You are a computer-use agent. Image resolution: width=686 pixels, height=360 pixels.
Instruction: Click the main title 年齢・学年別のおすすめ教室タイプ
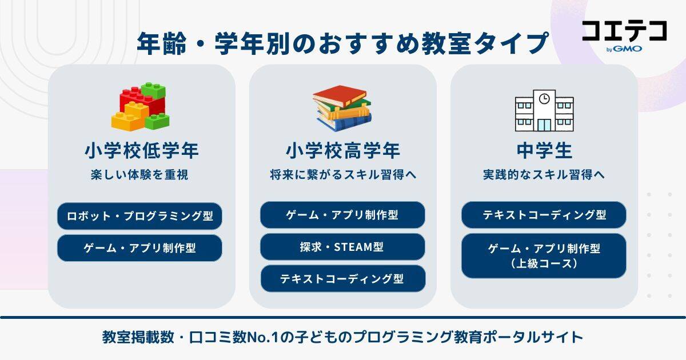[x=342, y=44]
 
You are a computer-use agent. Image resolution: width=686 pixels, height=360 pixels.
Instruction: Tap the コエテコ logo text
[x=624, y=31]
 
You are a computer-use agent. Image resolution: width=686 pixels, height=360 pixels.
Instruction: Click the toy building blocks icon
[x=141, y=107]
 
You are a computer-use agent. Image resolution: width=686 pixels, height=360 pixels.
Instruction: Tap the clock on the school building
[x=544, y=98]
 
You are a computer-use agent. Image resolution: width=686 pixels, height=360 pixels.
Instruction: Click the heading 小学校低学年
[x=141, y=151]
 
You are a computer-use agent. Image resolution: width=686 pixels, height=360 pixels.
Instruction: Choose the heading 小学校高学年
[x=342, y=151]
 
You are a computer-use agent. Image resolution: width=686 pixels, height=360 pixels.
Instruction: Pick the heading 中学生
[x=544, y=151]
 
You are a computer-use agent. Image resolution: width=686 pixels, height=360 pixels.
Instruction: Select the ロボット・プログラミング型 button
[x=139, y=217]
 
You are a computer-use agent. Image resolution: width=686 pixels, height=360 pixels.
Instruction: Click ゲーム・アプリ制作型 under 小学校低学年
[x=139, y=248]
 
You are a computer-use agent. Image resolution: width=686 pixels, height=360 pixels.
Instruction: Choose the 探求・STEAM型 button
[x=342, y=247]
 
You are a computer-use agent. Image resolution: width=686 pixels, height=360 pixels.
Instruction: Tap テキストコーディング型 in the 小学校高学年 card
[x=342, y=279]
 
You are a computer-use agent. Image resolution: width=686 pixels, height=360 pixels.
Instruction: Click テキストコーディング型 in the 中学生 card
[x=544, y=215]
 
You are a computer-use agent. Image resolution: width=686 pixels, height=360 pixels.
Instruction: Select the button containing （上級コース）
[x=544, y=256]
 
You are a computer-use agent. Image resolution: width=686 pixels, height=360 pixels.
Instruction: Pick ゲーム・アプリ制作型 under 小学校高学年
[x=342, y=215]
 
